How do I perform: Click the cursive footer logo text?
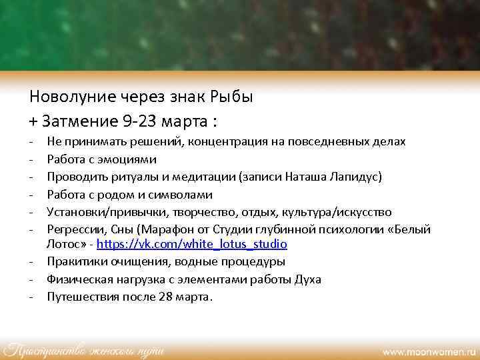(x=84, y=349)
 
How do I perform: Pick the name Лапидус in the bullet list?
(x=352, y=177)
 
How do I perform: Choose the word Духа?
(x=307, y=280)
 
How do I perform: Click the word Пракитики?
(x=74, y=263)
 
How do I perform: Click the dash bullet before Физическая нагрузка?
(x=32, y=280)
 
